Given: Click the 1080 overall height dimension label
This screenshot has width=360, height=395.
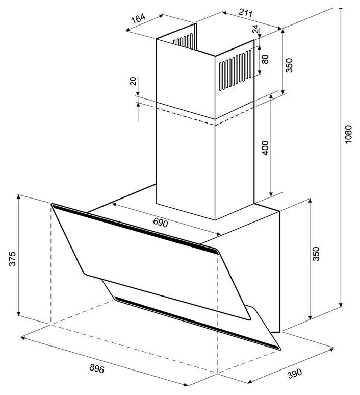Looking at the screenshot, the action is [x=348, y=134].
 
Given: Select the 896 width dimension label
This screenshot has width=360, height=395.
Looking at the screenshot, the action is [x=97, y=368].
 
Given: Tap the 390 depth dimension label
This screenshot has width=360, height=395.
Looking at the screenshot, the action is [x=294, y=374].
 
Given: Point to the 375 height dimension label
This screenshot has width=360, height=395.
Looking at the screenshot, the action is [x=12, y=258].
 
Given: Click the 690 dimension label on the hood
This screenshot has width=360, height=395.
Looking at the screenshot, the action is [x=160, y=223].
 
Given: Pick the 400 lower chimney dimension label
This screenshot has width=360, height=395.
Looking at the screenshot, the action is [x=265, y=148].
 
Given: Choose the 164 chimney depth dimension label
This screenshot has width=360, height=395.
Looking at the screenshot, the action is [x=139, y=18].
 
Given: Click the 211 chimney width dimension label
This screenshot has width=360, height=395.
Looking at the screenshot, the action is [x=245, y=13].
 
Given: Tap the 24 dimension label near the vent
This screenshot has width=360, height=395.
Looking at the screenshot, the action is [x=255, y=29].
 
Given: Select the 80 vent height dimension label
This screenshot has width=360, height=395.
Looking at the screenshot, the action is [x=265, y=59].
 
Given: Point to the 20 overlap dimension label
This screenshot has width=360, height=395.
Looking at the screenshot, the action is [x=133, y=81].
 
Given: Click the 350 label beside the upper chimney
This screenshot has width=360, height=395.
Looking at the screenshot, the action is [x=289, y=65].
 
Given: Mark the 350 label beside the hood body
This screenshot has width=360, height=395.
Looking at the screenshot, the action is [x=316, y=254].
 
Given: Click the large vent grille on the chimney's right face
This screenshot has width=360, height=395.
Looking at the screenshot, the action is [x=236, y=70].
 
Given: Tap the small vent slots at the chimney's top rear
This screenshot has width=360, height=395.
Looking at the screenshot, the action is [x=183, y=40].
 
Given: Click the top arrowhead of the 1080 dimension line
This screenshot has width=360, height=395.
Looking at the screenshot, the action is [x=341, y=10].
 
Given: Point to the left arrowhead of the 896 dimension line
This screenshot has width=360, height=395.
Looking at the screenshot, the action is [x=22, y=338].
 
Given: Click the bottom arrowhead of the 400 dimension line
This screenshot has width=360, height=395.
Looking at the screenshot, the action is [x=271, y=194].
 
